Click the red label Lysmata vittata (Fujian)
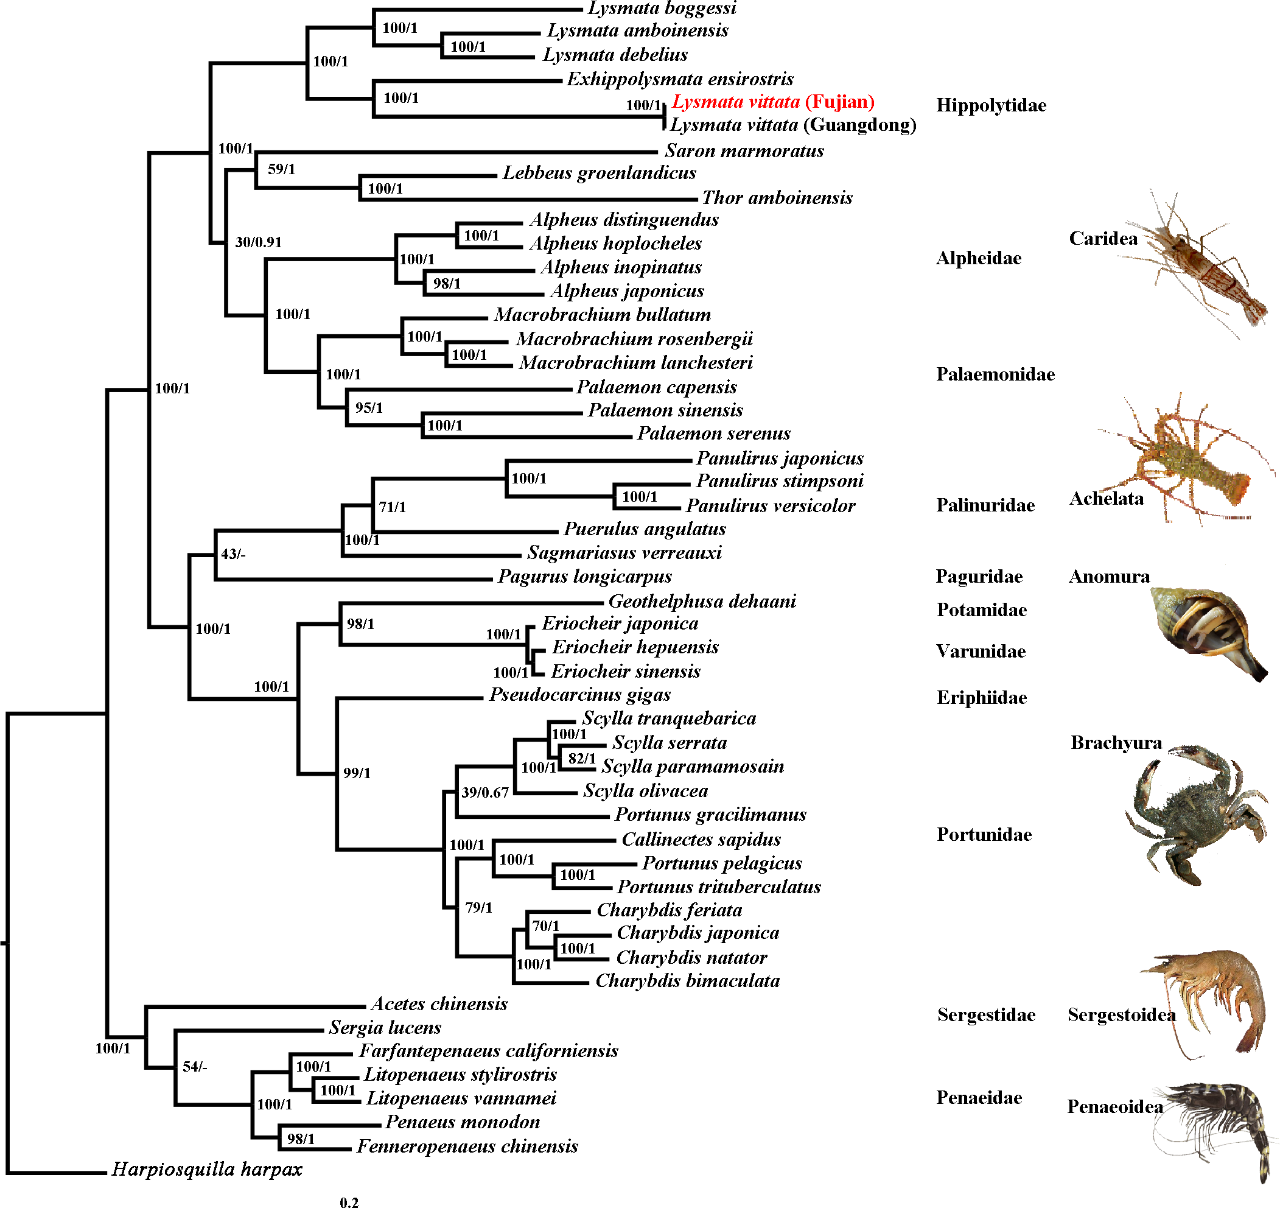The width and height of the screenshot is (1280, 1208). pos(773,102)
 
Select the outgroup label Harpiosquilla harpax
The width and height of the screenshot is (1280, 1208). pos(207,1168)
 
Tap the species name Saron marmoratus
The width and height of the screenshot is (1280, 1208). pos(744,150)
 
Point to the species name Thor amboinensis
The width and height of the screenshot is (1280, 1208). pos(777,198)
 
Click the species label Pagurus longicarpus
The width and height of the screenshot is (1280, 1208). pos(585,577)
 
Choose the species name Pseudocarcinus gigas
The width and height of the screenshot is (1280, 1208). pos(579,695)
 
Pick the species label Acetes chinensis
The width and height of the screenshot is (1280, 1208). pos(439,1004)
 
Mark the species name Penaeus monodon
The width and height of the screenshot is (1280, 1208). pos(463,1122)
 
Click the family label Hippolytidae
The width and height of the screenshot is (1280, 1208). pos(991,105)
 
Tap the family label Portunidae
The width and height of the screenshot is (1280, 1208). pos(984,835)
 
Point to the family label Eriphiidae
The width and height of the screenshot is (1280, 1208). pos(981,698)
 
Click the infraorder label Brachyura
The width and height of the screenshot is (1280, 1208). pos(1116,743)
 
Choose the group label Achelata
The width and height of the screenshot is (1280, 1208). pos(1106,499)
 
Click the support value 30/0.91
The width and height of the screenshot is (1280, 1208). pos(258,242)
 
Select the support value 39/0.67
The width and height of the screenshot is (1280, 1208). pos(485,793)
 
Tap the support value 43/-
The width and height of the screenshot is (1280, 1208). pos(233,554)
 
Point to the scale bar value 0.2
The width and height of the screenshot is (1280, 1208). pos(349,1201)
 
